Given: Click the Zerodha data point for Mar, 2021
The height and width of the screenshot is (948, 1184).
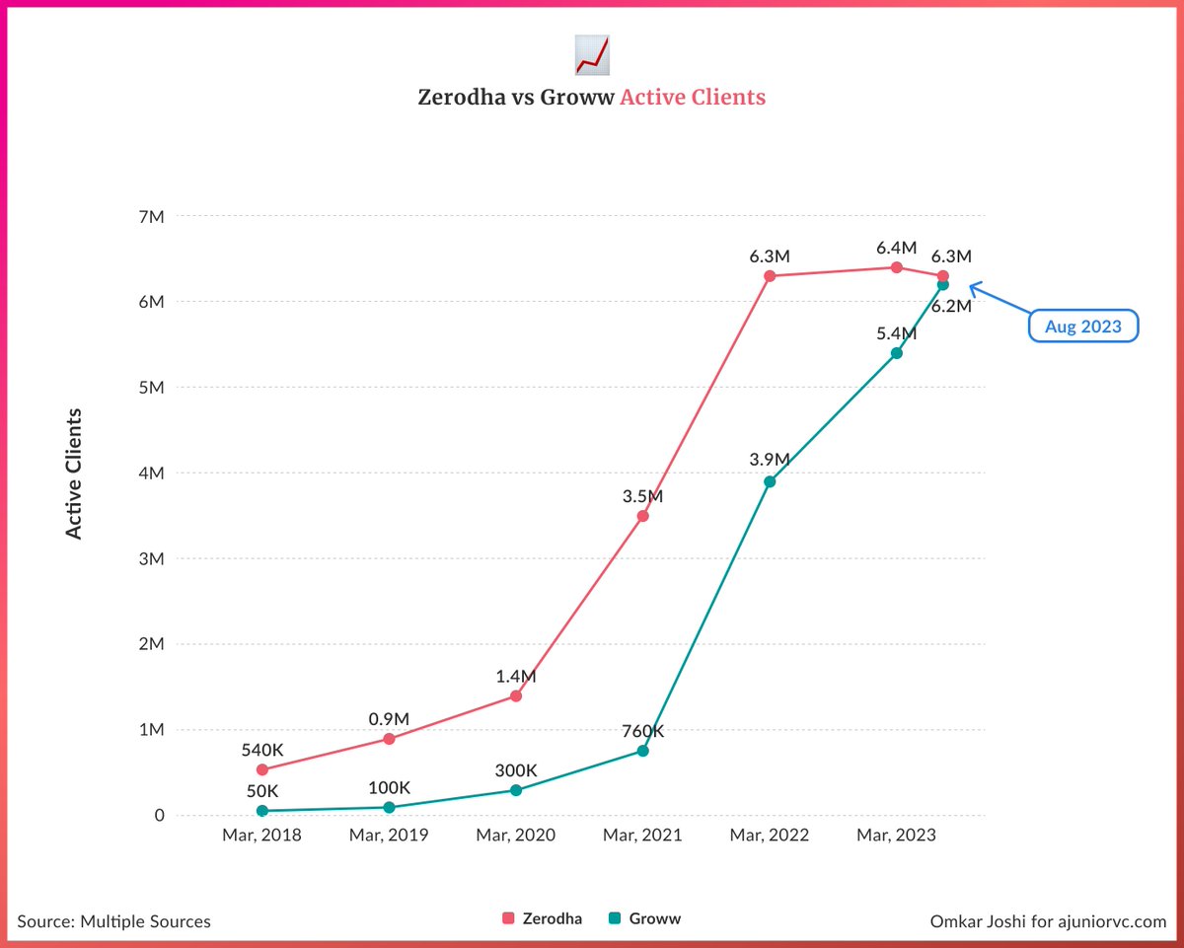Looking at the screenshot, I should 643,516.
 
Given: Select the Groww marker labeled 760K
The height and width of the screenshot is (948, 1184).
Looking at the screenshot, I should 643,751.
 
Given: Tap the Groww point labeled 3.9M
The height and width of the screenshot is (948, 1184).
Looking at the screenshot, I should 770,481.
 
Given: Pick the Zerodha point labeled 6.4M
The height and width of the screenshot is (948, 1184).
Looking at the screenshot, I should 896,267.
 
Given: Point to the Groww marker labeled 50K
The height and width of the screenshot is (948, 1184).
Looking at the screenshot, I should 262,811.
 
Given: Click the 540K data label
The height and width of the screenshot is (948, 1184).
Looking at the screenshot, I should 262,750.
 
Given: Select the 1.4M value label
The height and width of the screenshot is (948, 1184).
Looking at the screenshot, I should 515,677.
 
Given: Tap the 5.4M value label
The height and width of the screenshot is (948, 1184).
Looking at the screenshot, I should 896,333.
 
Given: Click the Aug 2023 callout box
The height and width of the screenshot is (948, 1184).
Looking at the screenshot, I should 1083,327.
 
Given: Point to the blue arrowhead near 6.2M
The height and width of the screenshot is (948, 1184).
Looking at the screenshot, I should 973,288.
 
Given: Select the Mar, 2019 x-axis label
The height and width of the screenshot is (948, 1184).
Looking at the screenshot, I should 389,836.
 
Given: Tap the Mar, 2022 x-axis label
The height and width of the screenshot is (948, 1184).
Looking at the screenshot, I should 770,836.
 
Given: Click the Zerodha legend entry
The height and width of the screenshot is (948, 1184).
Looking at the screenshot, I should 543,918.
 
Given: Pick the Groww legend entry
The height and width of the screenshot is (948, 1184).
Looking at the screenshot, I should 645,918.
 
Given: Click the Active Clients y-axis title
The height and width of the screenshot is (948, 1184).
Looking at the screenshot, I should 74,474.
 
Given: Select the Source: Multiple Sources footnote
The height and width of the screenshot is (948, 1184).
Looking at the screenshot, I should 114,921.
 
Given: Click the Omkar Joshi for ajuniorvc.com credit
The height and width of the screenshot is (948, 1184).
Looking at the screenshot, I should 1048,921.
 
